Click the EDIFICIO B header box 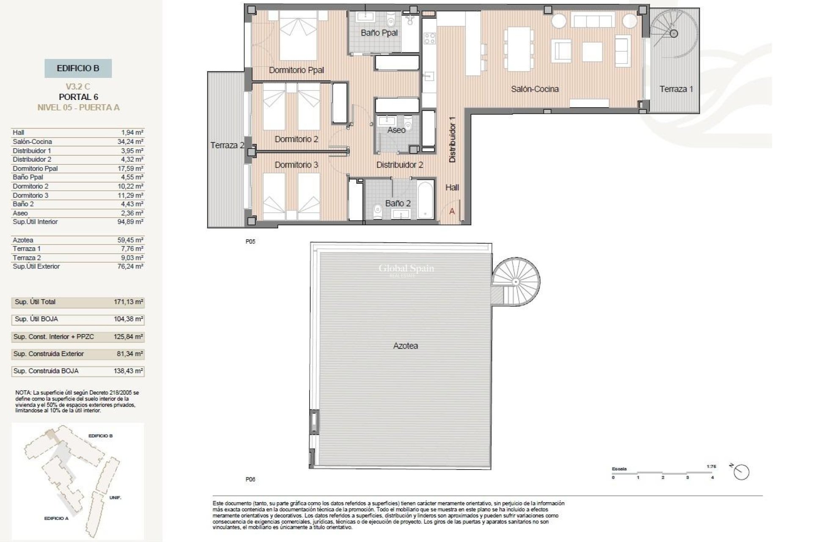point(78,68)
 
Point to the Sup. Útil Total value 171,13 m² point(129,302)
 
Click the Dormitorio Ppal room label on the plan point(296,70)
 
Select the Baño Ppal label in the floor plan point(379,33)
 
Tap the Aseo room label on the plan point(396,130)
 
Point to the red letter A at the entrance point(452,211)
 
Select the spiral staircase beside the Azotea point(515,281)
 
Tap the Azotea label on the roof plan point(405,346)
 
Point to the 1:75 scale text point(711,466)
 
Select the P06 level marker point(250,479)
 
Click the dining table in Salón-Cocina point(517,49)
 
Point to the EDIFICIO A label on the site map point(56,518)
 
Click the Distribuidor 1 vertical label point(452,140)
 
